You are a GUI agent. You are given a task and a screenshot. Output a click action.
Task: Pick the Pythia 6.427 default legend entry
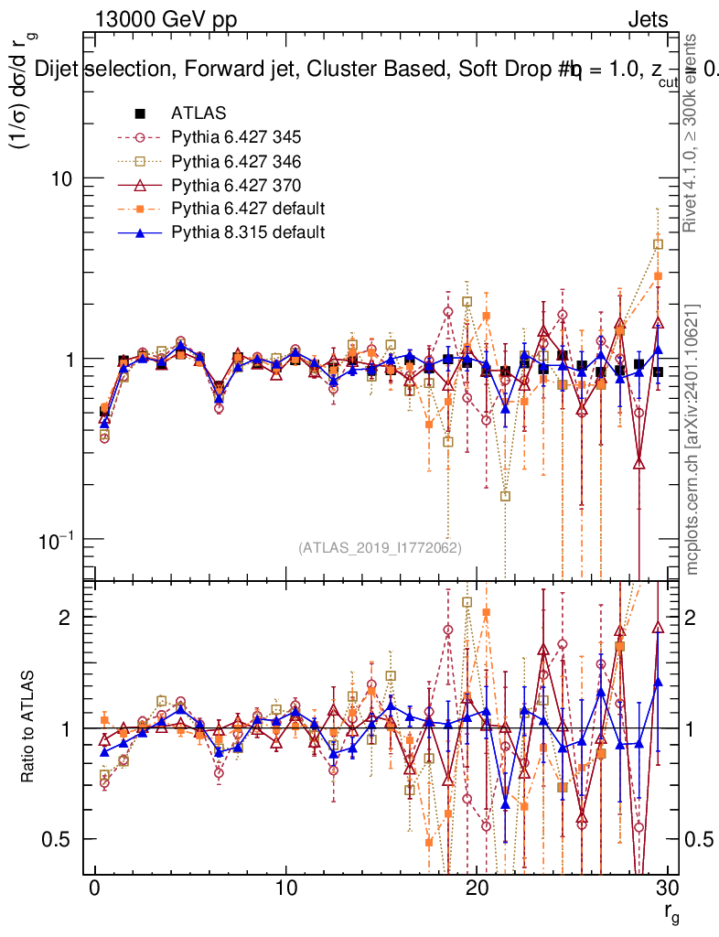pos(247,209)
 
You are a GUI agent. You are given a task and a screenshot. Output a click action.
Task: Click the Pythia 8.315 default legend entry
pos(247,232)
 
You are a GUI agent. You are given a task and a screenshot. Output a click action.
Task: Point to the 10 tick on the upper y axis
pos(62,178)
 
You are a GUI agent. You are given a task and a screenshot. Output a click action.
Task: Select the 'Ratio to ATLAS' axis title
pos(27,727)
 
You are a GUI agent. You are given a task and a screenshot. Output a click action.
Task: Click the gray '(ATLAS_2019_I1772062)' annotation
pos(380,548)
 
